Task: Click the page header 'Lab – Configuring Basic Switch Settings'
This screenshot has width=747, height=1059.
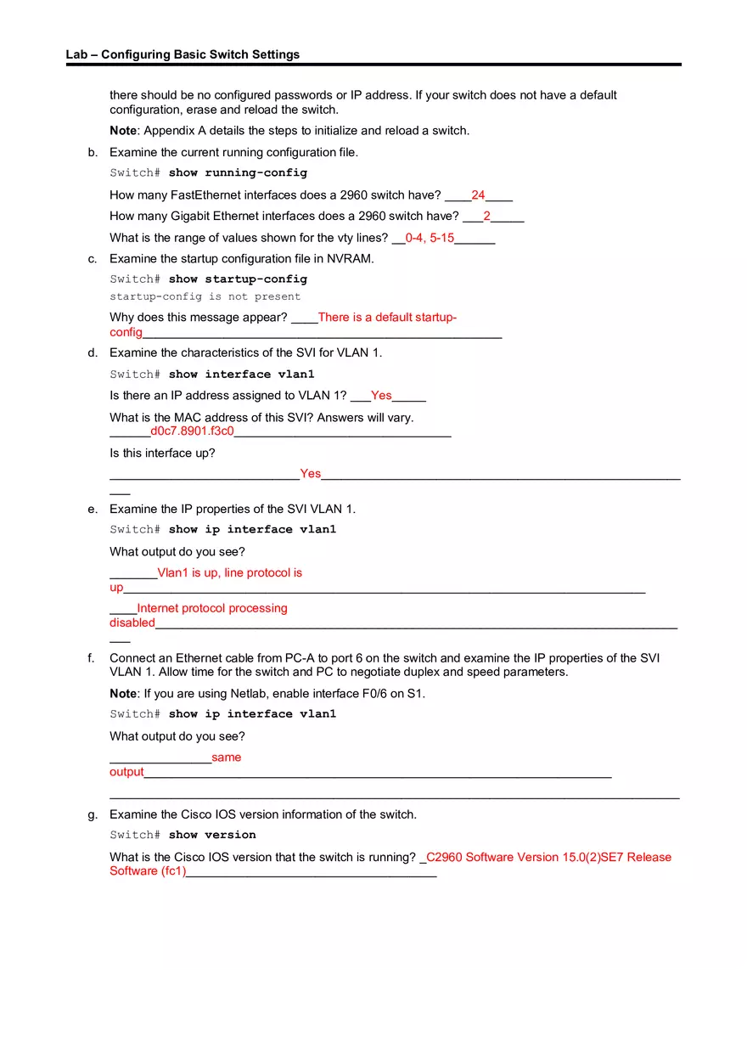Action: pos(183,54)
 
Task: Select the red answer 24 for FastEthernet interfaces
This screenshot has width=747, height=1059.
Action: pos(478,194)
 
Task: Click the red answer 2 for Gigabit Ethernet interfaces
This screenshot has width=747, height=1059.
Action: pos(486,216)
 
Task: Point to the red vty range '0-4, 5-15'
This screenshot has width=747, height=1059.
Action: pos(430,238)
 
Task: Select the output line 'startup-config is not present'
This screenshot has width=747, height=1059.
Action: pos(205,296)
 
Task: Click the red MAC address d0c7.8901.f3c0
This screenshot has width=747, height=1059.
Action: pos(192,431)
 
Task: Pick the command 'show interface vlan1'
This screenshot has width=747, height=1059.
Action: pos(241,374)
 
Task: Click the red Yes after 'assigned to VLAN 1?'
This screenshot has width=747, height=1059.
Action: pos(381,395)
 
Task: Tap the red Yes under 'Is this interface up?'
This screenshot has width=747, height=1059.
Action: pos(310,473)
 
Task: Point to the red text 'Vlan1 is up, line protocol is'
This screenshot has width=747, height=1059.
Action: pos(229,572)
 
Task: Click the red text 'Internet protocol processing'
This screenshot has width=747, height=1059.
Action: pos(212,608)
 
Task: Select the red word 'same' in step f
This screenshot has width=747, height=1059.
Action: pos(227,757)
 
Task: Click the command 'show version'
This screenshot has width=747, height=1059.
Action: pos(212,834)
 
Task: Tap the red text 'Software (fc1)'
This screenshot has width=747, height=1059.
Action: pos(147,870)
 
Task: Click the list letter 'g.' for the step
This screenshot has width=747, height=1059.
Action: pos(93,814)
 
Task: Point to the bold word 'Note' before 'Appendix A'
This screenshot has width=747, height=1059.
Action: pos(123,130)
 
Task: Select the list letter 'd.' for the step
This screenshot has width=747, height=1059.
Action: pos(93,352)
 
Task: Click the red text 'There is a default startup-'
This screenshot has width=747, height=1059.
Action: pos(387,317)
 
